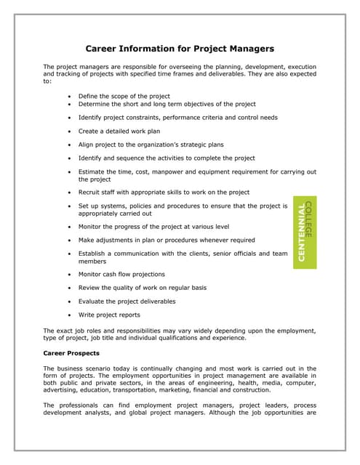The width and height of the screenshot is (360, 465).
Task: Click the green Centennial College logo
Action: [x=304, y=232]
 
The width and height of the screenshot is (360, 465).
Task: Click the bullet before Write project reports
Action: [x=68, y=315]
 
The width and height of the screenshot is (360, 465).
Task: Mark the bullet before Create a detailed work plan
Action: [x=68, y=131]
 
